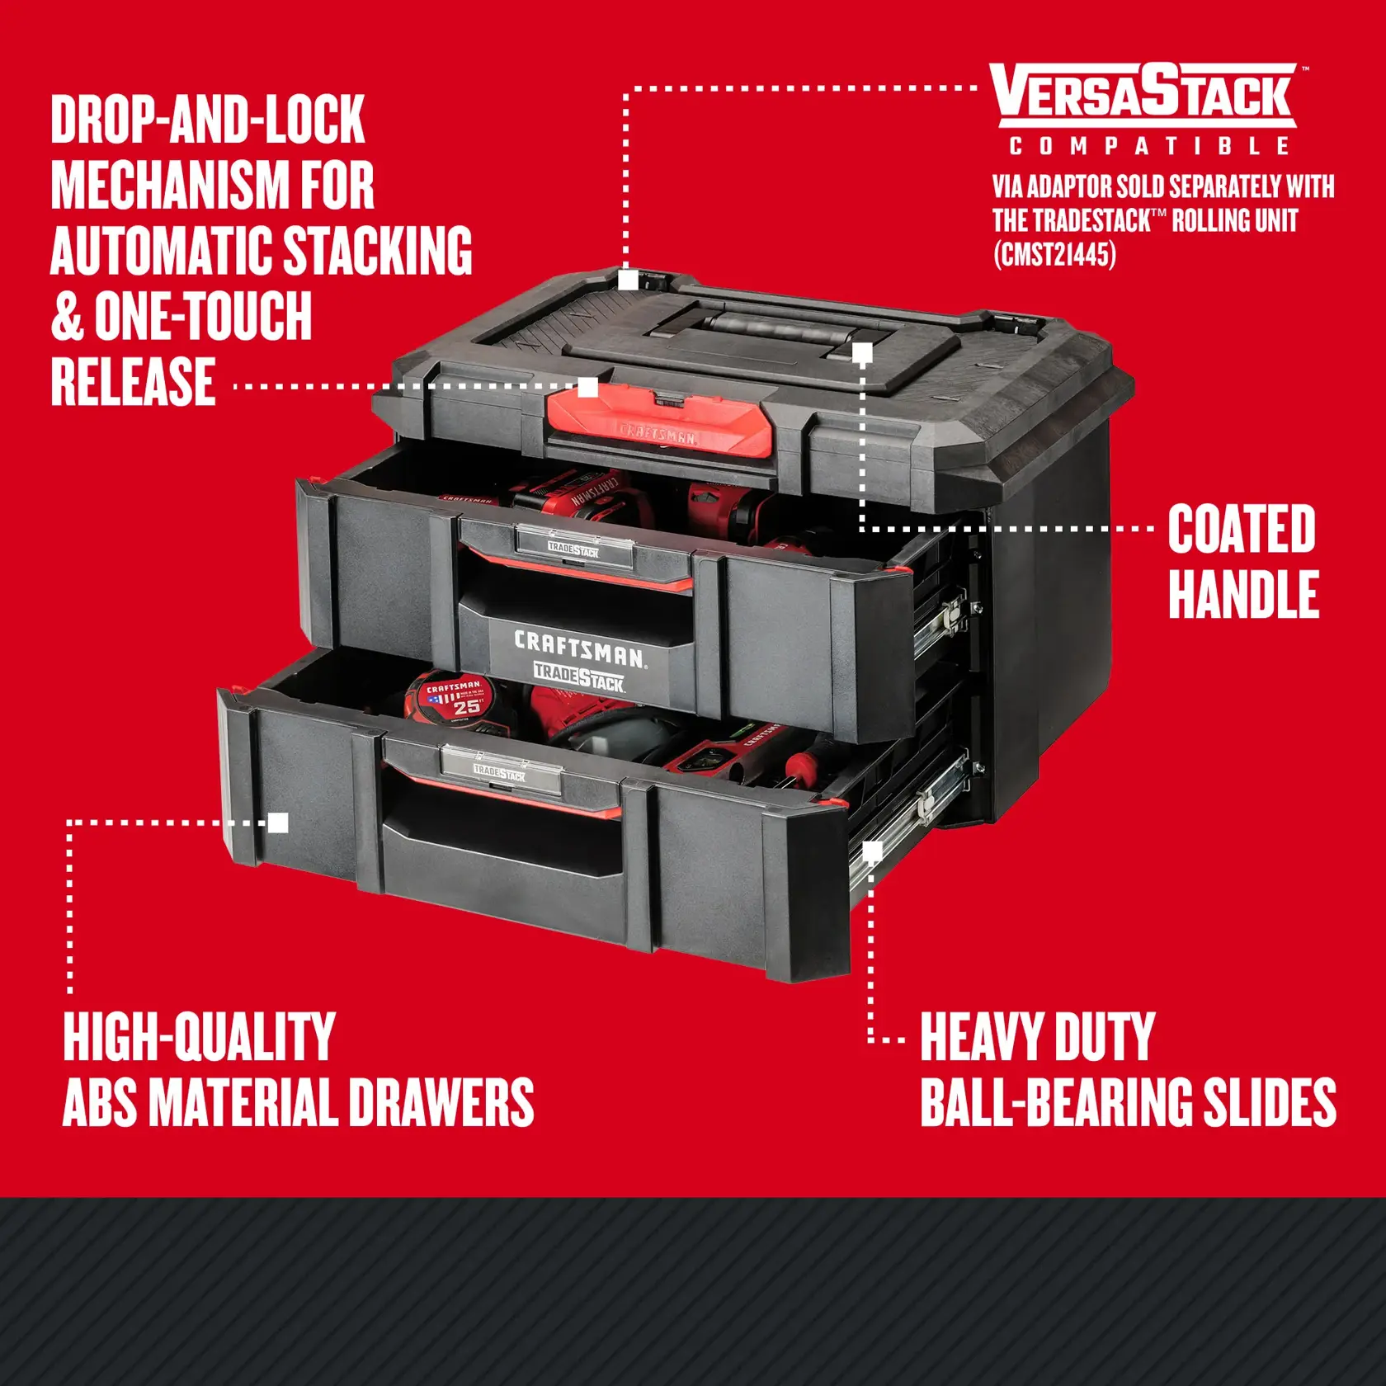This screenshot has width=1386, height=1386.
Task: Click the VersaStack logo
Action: pos(1145,94)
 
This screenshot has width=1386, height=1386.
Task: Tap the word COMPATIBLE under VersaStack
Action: pos(1149,147)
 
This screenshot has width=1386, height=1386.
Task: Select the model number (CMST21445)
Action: pos(1054,254)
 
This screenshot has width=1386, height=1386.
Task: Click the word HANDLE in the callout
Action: pos(1243,594)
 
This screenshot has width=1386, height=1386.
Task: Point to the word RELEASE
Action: pos(134,383)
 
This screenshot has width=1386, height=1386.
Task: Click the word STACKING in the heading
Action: pos(378,251)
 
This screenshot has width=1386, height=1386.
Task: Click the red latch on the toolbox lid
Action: pos(660,421)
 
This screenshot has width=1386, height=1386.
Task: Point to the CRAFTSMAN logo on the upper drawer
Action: pos(579,648)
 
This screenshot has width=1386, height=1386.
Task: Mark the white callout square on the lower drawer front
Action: pos(279,823)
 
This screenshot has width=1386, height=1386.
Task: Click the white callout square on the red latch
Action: pos(587,387)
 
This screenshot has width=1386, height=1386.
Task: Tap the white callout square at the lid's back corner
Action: pos(628,280)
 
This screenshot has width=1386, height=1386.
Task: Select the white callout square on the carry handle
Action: pos(862,354)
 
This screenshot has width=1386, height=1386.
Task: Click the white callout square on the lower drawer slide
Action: pos(872,851)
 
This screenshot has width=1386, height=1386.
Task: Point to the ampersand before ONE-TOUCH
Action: pos(68,317)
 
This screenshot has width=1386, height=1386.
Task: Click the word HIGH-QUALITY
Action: pos(199,1037)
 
